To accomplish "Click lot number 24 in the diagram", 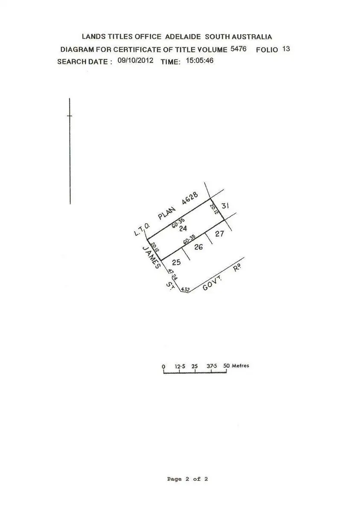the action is pos(184,228).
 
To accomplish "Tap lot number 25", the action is pos(176,262).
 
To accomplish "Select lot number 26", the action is pos(198,247).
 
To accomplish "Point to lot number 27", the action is pos(220,233).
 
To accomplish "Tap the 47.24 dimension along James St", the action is pos(173,274).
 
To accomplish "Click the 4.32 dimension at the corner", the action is pos(185,290).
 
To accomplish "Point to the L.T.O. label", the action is pos(140,231).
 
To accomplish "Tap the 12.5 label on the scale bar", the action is pos(180,366).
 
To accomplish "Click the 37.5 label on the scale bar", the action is pos(211,366).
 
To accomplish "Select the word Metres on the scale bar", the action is pos(240,366).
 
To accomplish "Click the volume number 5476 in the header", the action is pos(238,49).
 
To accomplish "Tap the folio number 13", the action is pos(286,49).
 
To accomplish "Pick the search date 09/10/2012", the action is pos(135,61).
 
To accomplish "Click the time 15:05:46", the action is pos(199,61).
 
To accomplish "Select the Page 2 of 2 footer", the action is pos(187,479).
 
